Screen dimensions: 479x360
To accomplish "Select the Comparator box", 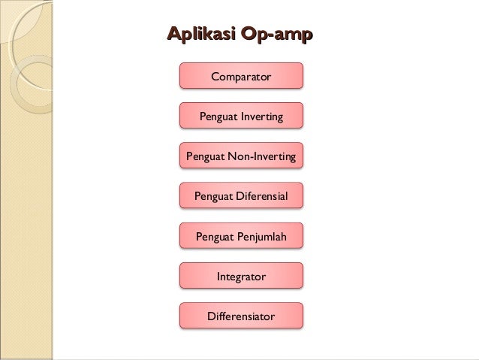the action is click(x=241, y=76).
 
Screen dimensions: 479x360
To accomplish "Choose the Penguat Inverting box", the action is click(x=241, y=116).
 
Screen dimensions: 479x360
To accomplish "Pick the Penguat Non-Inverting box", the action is click(x=241, y=156).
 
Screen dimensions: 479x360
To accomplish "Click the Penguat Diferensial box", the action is click(x=241, y=197).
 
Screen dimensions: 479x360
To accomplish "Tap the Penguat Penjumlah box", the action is click(x=241, y=237).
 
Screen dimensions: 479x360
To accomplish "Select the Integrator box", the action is click(x=241, y=277).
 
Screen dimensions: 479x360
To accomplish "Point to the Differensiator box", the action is click(x=241, y=316).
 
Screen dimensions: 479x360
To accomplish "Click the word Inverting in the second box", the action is click(x=260, y=117).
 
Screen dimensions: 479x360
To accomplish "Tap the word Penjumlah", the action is click(x=261, y=237).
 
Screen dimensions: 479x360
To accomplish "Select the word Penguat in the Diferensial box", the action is click(x=214, y=197).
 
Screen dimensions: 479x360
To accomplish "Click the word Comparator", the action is click(x=241, y=77).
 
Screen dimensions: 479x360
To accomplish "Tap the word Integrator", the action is click(x=241, y=277).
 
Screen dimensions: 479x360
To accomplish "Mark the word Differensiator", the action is click(x=241, y=316).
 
